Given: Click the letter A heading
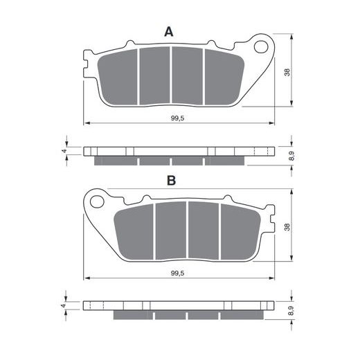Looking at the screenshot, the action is (169, 32).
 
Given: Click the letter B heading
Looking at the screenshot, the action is (171, 181).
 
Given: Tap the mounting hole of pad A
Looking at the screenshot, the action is (261, 47).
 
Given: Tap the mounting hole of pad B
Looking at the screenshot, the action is (97, 202).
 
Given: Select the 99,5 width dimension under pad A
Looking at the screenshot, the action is (178, 118).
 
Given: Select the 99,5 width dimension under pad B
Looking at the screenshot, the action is (178, 273).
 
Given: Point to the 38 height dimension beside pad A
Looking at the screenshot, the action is (287, 73).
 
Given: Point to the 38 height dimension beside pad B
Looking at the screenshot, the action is (287, 227).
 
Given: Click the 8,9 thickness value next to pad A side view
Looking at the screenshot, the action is (292, 156).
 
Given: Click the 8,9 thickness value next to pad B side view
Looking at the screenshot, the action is (292, 311).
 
